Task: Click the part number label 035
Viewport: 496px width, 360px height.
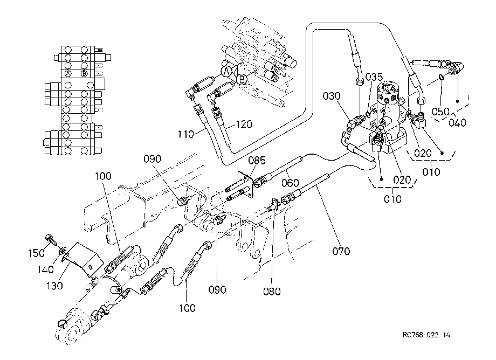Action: point(374,77)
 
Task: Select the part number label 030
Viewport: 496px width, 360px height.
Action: point(332,96)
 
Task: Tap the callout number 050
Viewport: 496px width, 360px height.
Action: point(440,112)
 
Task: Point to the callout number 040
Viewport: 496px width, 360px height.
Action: point(457,122)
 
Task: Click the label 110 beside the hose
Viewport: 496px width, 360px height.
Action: point(185,134)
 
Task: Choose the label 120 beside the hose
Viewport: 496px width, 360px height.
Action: point(244,124)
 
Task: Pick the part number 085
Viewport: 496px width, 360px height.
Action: point(257,161)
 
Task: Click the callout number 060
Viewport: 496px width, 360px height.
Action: point(290,183)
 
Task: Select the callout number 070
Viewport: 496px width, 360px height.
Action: point(341,251)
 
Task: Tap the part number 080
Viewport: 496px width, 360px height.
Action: point(272,291)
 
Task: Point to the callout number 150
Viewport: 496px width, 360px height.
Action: point(36,253)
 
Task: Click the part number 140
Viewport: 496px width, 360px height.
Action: point(45,269)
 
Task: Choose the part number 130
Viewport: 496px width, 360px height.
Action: point(54,286)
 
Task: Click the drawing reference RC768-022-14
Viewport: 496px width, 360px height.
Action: point(426,335)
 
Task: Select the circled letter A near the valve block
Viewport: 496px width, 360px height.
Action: point(226,72)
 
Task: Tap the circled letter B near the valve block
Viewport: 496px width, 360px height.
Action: point(242,79)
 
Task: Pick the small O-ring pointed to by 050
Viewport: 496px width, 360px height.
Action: point(440,77)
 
